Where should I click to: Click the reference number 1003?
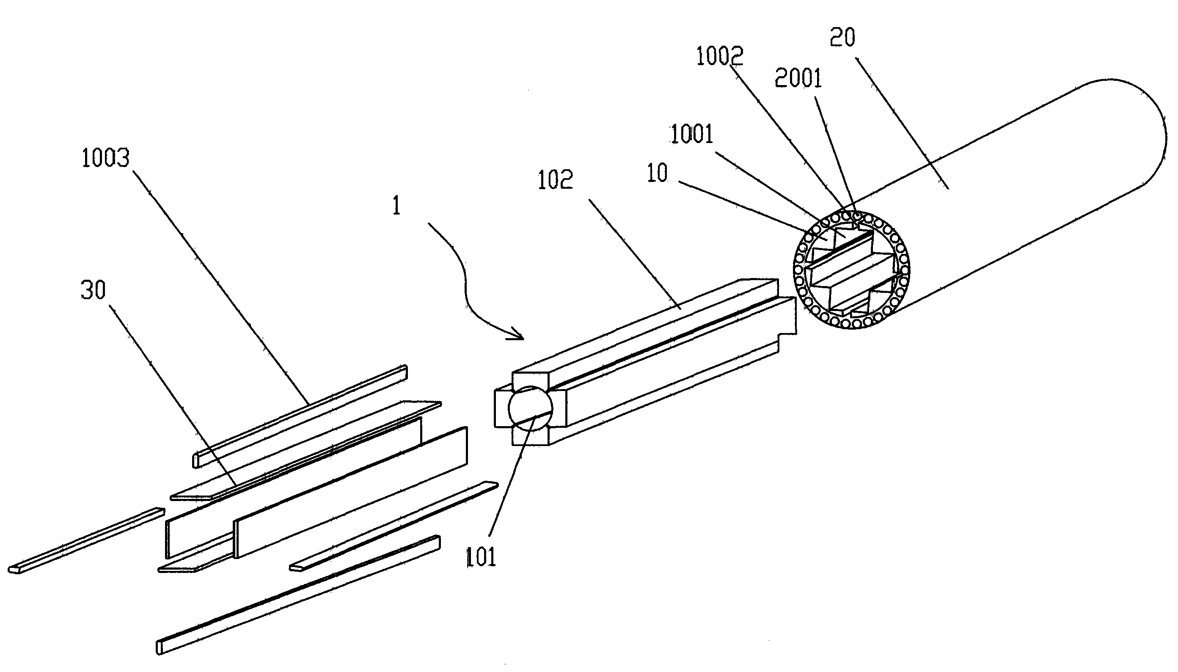click(106, 158)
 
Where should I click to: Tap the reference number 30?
click(93, 290)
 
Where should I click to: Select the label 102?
click(555, 180)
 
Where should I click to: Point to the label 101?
click(481, 557)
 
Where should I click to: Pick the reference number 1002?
click(719, 56)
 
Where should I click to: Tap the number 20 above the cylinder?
click(842, 37)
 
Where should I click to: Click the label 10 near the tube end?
click(657, 173)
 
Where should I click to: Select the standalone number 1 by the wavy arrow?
click(396, 206)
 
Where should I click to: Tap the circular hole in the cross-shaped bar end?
click(530, 408)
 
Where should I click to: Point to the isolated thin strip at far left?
click(86, 540)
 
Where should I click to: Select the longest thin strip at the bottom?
click(298, 595)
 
